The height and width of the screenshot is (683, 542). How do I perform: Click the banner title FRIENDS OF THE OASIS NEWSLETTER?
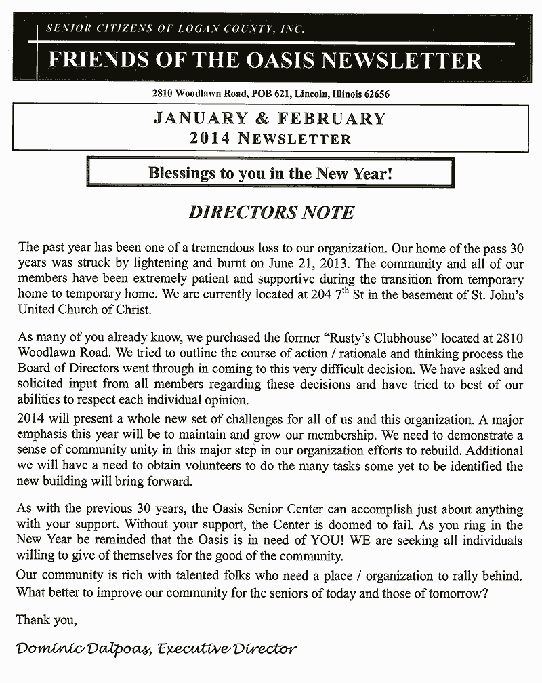(x=264, y=60)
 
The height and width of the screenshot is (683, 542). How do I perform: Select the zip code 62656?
(x=373, y=94)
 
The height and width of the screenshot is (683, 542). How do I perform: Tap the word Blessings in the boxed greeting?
(x=180, y=173)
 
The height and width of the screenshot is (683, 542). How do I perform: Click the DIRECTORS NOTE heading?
(x=270, y=212)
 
